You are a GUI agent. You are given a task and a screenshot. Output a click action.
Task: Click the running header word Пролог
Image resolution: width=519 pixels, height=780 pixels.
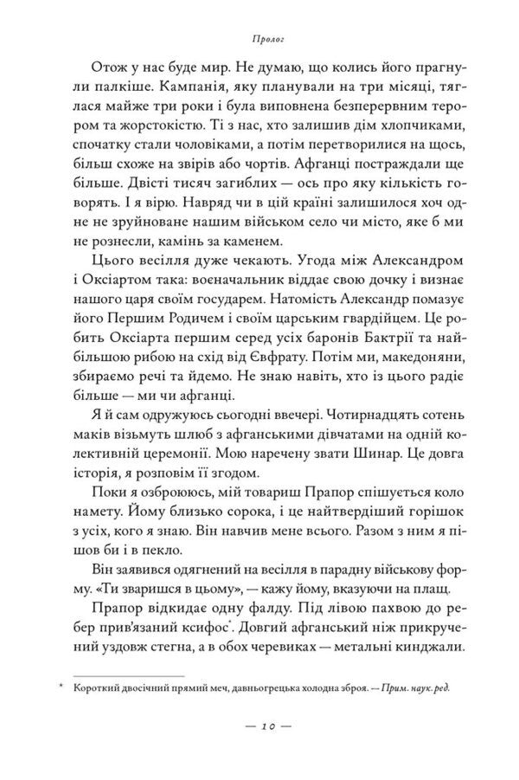(x=259, y=39)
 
